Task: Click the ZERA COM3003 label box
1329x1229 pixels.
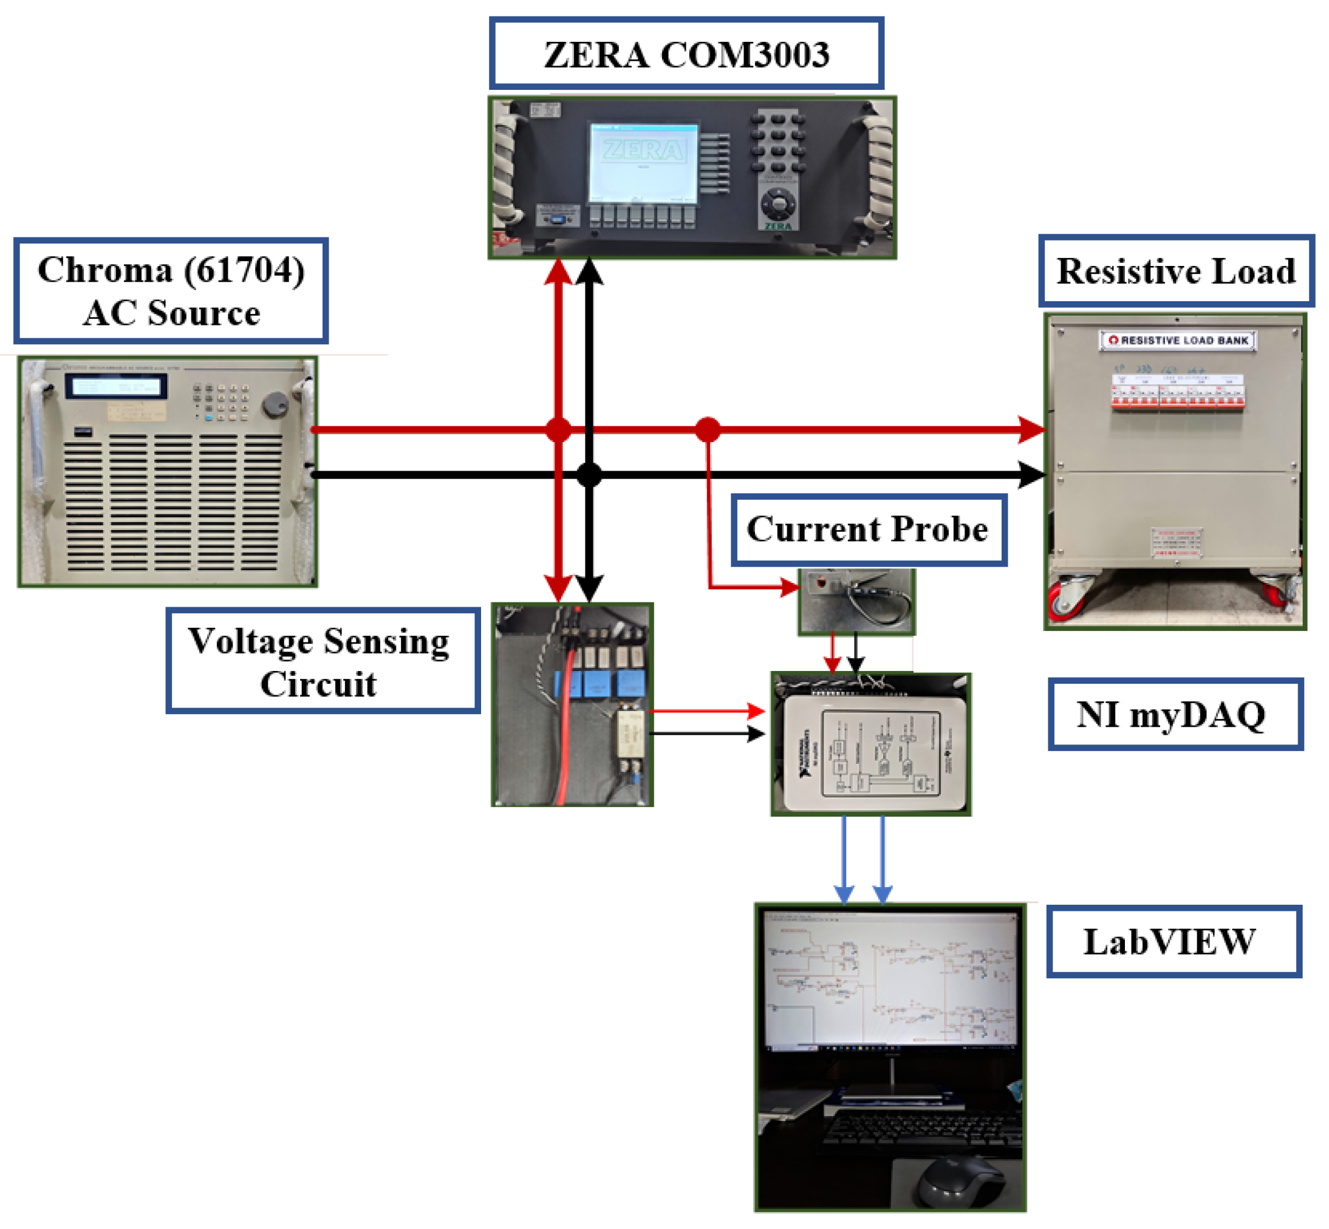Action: click(686, 54)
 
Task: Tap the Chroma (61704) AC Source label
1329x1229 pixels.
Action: click(171, 291)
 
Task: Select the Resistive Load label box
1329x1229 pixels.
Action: click(1175, 271)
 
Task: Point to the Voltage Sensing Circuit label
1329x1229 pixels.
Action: click(323, 661)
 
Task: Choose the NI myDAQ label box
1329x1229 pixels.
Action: click(1175, 715)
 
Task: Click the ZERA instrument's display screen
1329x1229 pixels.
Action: click(643, 163)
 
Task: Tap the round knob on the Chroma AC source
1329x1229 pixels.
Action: click(275, 404)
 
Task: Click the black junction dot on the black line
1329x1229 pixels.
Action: click(589, 475)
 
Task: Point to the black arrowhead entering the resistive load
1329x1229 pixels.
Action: click(1030, 475)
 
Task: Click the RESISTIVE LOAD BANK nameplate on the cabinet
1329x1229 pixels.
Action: click(1177, 341)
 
